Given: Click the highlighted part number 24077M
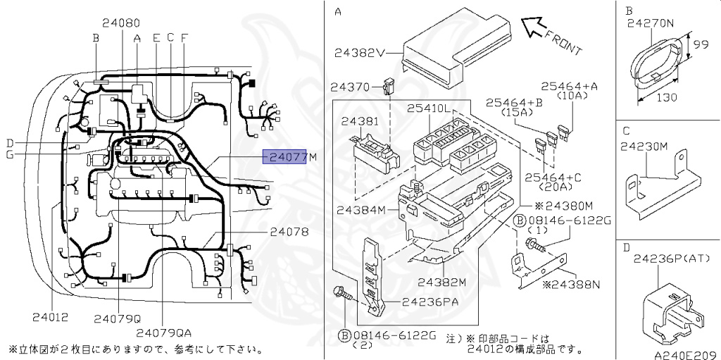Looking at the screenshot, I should [x=289, y=157].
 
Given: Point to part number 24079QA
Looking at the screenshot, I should [x=164, y=333].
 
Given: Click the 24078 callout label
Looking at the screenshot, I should [x=289, y=231].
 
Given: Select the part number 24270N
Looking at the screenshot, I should [x=650, y=23].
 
